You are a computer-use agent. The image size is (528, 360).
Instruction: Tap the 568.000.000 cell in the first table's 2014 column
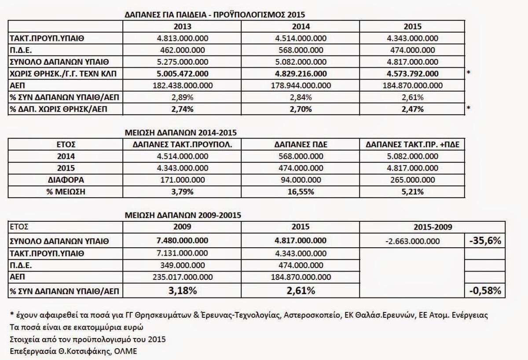click(302, 50)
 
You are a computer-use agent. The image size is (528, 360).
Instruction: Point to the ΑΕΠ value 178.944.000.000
click(302, 85)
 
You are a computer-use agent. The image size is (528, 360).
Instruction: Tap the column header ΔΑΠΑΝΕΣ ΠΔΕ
click(302, 144)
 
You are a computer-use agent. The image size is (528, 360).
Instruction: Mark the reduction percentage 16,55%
click(302, 192)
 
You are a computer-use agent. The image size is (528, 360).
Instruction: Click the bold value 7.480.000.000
click(183, 241)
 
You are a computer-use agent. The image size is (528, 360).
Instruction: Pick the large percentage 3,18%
click(183, 290)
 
